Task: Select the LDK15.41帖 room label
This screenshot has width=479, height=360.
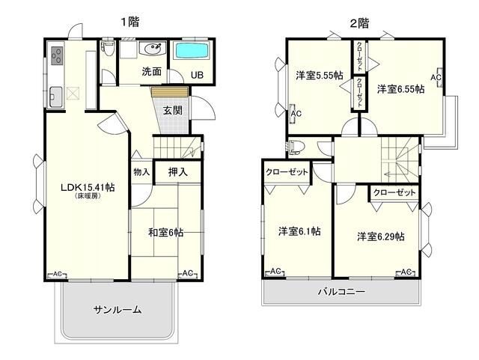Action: [87, 187]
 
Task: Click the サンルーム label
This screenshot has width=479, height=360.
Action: [118, 309]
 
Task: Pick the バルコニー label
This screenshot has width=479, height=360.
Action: [341, 292]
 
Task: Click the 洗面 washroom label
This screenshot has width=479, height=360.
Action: [152, 73]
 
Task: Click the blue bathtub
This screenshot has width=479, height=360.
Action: [193, 52]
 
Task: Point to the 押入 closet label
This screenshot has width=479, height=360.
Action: [178, 172]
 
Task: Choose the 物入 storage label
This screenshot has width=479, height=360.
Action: [141, 172]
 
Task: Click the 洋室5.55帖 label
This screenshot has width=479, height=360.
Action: [318, 75]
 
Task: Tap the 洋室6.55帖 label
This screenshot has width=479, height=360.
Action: [400, 88]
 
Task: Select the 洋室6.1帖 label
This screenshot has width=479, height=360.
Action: [299, 231]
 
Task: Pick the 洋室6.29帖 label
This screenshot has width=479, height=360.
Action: [380, 237]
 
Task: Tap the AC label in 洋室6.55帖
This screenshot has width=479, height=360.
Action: [436, 76]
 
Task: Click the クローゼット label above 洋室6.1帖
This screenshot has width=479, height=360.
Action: [287, 172]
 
